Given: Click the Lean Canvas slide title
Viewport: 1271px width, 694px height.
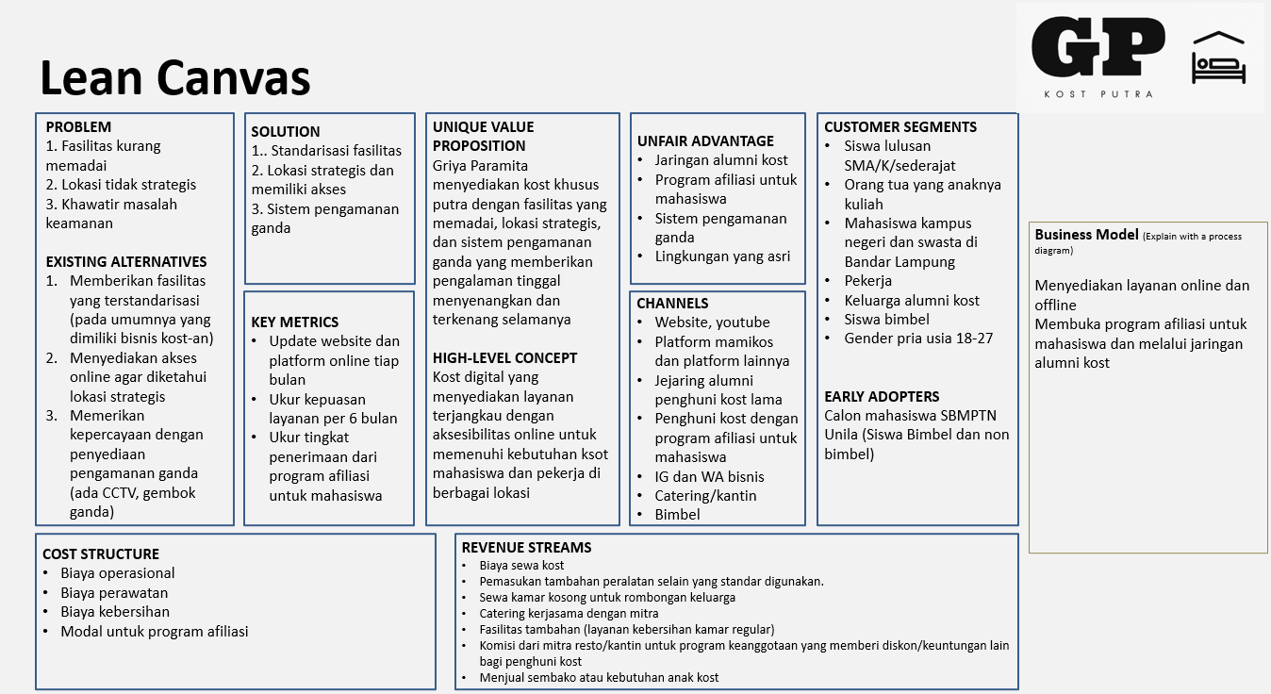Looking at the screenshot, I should tap(174, 77).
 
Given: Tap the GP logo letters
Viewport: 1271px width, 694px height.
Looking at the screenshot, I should tap(1098, 47).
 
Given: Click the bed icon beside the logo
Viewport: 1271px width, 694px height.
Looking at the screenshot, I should tap(1218, 58).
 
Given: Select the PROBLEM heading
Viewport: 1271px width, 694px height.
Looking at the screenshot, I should tap(78, 126).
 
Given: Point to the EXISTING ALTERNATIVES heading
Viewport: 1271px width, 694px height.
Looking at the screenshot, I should tap(125, 261).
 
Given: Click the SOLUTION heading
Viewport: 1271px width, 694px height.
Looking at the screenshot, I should tap(285, 131).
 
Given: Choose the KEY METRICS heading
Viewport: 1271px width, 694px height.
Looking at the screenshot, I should tap(294, 322).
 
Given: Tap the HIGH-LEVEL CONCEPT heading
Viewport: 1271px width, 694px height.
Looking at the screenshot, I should tap(504, 357).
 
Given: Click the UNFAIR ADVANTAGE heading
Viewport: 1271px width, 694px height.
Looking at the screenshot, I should tap(705, 140).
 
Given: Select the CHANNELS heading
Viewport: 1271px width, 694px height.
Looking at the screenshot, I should tap(672, 303).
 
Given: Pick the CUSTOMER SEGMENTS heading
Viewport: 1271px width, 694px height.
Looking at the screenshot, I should tap(900, 126).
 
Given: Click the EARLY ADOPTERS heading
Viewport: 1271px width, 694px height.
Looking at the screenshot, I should tap(882, 396).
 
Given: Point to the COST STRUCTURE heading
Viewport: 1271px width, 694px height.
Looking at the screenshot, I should tap(101, 554).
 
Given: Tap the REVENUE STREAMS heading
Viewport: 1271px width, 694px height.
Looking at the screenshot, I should tap(526, 547).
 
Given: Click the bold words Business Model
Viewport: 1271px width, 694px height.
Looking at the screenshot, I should tap(1087, 235).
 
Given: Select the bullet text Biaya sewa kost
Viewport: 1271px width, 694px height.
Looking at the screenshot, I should tap(521, 565).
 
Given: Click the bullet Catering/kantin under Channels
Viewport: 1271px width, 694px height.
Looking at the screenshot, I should tap(705, 495).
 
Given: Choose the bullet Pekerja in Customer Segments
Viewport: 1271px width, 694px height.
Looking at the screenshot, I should tap(867, 280).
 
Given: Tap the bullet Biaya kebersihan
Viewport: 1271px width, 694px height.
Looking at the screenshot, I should tap(115, 611).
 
